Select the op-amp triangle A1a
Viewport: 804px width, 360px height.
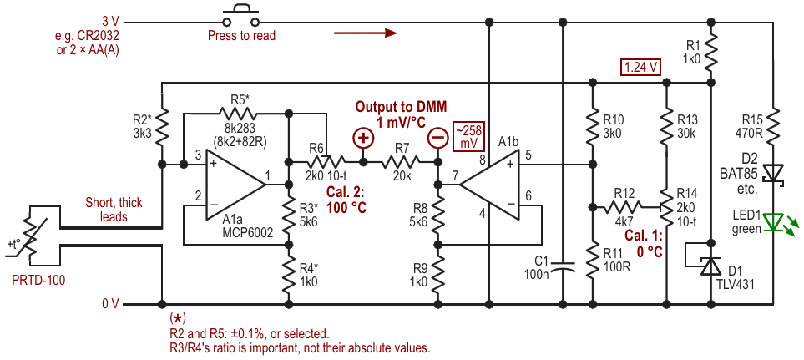click(236, 184)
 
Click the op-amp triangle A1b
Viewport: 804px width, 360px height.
click(489, 184)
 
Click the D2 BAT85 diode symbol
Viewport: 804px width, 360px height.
click(773, 173)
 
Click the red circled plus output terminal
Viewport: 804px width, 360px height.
click(363, 138)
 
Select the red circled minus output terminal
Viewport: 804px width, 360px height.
click(437, 138)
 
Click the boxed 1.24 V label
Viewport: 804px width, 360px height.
click(640, 67)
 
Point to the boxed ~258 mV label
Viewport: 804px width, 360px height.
click(468, 137)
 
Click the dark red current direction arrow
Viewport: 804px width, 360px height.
click(366, 33)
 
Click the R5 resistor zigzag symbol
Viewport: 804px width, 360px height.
click(236, 110)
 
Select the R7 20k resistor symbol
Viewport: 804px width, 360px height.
click(401, 162)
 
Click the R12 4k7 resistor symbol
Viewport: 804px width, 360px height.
click(624, 207)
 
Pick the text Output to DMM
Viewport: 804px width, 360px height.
click(401, 107)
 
